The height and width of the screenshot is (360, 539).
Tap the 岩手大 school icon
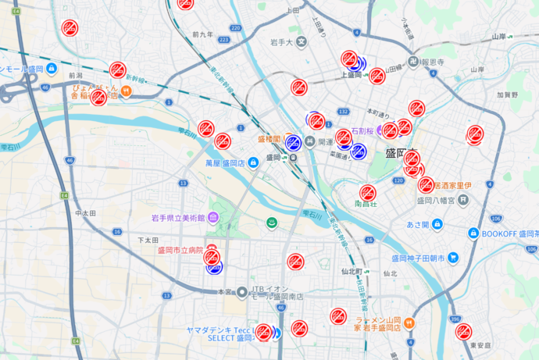click(x=302, y=41)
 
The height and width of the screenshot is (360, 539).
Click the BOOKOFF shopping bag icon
click(x=473, y=233)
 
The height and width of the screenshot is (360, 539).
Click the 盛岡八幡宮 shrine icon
click(x=463, y=201)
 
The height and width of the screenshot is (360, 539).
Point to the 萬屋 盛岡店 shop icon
click(x=254, y=163)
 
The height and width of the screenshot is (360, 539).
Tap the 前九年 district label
click(x=202, y=34)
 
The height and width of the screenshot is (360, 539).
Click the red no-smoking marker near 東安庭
click(x=463, y=331)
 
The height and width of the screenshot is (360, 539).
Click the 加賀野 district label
click(x=508, y=94)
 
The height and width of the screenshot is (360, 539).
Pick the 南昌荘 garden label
click(x=366, y=204)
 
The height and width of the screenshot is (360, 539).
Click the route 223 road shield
click(x=224, y=39)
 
